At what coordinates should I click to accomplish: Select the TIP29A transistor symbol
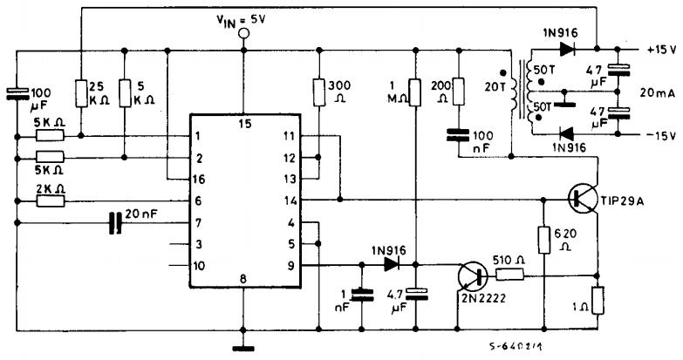pyautogui.click(x=576, y=199)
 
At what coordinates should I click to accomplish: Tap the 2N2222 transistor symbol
pyautogui.click(x=472, y=276)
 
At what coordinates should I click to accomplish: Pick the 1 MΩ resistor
pyautogui.click(x=415, y=92)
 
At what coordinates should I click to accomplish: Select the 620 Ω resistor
pyautogui.click(x=543, y=239)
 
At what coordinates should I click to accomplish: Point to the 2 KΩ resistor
pyautogui.click(x=49, y=201)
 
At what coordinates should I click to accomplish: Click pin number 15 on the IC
pyautogui.click(x=244, y=124)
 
